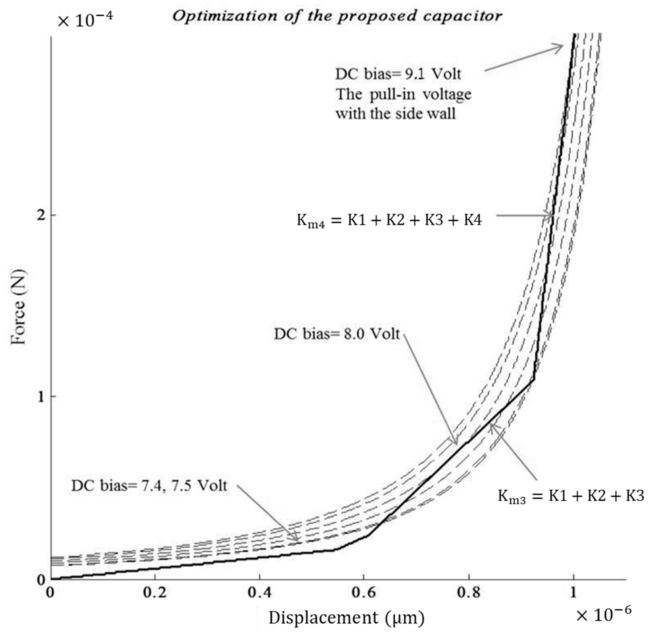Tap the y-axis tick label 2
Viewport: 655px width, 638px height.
(x=42, y=215)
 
